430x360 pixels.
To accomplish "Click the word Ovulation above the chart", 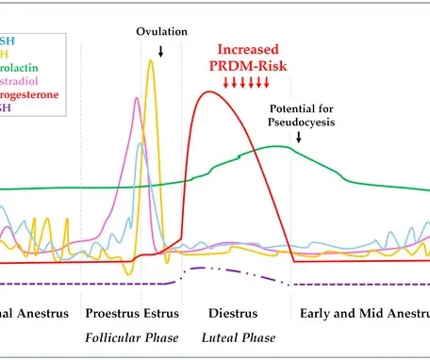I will (161, 31).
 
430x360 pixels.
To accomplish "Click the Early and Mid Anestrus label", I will (360, 312).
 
